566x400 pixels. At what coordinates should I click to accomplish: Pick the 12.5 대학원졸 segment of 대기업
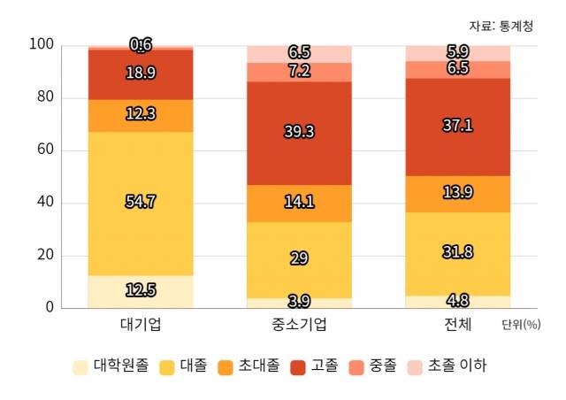tap(141, 291)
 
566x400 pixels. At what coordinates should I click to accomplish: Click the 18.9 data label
tap(141, 73)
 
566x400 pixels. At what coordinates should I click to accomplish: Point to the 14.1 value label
tap(299, 201)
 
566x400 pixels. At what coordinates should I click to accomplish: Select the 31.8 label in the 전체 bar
tap(458, 252)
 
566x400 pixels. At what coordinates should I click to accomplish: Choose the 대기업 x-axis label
tap(141, 323)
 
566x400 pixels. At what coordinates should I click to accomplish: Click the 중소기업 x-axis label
tap(299, 323)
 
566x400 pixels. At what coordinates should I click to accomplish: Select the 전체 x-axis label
tap(458, 323)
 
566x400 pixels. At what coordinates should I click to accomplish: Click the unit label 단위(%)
tap(520, 325)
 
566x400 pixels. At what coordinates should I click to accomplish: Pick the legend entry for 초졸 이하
tap(447, 365)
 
